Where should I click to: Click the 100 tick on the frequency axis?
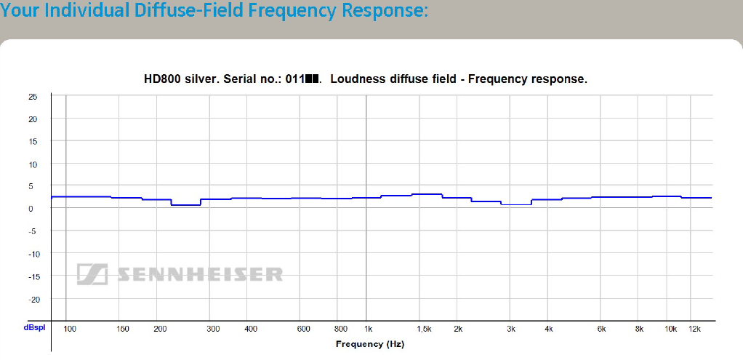click(70, 329)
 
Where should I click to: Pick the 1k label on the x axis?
click(369, 329)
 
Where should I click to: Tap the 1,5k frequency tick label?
click(423, 329)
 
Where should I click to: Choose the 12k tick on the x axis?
click(694, 329)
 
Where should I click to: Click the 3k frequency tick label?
click(511, 329)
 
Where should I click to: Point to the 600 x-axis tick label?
click(304, 329)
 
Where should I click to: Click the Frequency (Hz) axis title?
click(369, 343)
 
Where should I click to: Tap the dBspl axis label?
click(34, 328)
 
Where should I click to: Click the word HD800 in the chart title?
click(161, 79)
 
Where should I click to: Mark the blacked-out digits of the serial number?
click(313, 79)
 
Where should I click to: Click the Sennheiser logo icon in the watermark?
click(92, 273)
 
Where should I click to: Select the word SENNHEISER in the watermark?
click(197, 274)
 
